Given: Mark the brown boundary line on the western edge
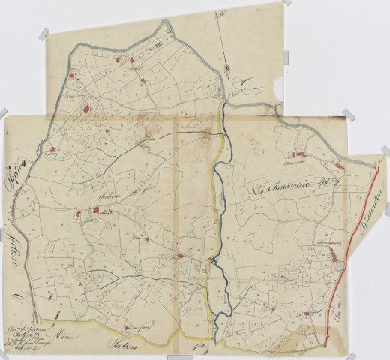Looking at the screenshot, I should pyautogui.click(x=26, y=247).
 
